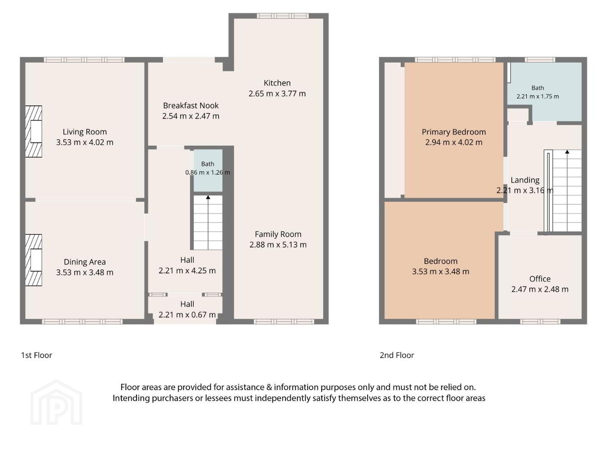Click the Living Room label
tap(85, 132)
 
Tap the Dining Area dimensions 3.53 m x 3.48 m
tap(85, 273)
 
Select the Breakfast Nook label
tap(191, 105)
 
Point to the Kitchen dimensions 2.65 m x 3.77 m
tap(277, 94)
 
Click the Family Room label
tap(278, 234)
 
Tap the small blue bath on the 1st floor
tap(208, 171)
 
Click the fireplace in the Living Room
tap(33, 131)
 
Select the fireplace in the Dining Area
tap(33, 260)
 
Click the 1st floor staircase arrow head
tap(208, 197)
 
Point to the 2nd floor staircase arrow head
tap(567, 152)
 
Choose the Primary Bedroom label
tap(454, 132)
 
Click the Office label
tap(540, 279)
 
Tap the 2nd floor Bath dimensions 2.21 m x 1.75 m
tap(537, 96)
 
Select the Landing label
tap(525, 180)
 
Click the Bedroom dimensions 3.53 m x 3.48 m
tap(440, 272)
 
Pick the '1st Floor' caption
tap(37, 355)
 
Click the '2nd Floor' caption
tap(397, 355)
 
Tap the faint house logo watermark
tap(56, 402)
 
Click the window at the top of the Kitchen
tap(282, 16)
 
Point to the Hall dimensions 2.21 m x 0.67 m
tap(187, 315)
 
